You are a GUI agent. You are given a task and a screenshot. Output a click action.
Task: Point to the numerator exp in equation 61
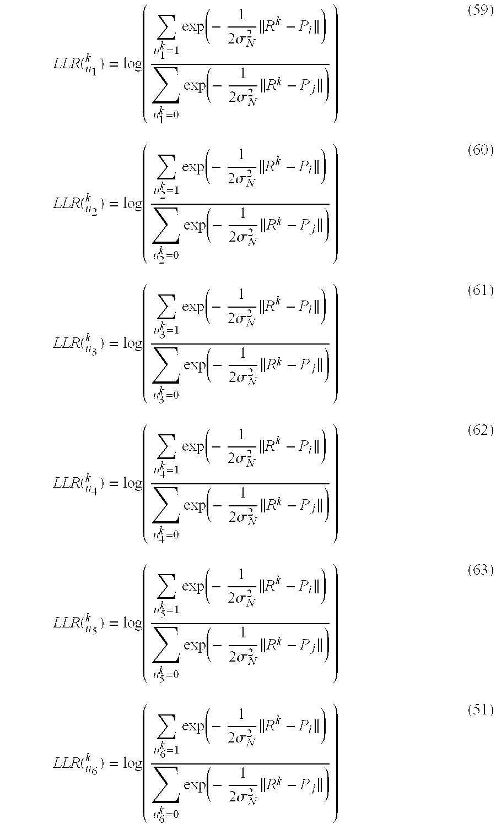(193, 307)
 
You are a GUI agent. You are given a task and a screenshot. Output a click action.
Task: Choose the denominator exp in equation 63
(193, 645)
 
